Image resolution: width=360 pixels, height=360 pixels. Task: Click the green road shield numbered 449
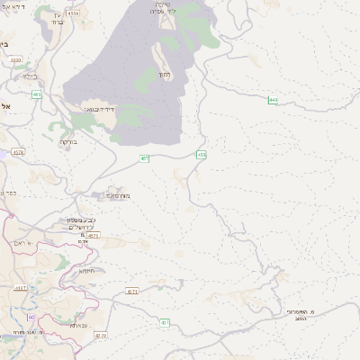[x=273, y=100]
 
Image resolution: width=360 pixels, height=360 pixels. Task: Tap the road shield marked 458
[x=201, y=155]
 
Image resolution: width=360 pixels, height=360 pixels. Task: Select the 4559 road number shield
[x=74, y=13]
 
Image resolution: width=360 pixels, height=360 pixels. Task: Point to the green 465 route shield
[x=37, y=94]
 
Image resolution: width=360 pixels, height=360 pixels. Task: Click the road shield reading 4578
[x=19, y=153]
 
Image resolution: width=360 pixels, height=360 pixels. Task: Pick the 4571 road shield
[x=94, y=235]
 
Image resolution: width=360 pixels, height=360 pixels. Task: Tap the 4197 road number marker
[x=22, y=288]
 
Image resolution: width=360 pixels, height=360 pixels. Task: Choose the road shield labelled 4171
[x=132, y=291]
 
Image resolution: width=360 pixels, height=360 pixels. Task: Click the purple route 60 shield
[x=31, y=317]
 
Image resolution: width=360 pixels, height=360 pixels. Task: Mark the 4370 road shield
[x=100, y=336]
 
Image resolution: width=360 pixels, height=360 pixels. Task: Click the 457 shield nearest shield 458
[x=145, y=158]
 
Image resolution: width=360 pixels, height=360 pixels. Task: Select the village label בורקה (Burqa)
[x=69, y=142]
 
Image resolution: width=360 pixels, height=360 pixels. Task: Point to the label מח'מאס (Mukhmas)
[x=118, y=195]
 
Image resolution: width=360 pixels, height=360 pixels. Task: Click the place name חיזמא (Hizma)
[x=86, y=270]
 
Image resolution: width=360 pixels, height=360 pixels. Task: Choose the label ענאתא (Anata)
[x=79, y=326]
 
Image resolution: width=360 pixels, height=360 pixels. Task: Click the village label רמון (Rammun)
[x=164, y=75]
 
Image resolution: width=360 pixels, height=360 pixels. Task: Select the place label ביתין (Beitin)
[x=5, y=43]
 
